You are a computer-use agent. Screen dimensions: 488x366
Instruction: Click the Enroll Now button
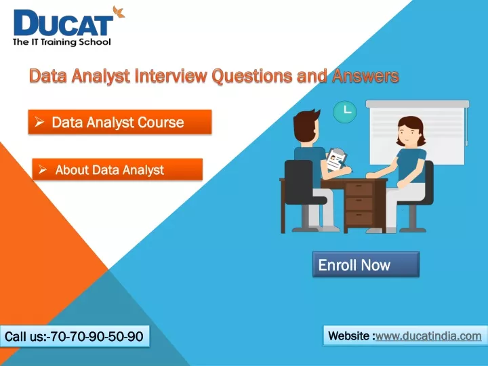point(366,264)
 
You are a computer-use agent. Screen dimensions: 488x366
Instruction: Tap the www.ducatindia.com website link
point(428,336)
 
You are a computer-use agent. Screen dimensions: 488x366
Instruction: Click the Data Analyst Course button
point(120,122)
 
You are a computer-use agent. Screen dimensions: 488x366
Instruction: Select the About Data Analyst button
point(117,169)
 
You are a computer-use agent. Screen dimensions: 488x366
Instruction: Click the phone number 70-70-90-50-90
point(96,336)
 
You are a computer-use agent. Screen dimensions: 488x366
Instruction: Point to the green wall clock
point(345,111)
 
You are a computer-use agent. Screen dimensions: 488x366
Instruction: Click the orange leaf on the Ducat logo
point(119,12)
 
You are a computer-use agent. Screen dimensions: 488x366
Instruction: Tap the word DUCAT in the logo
point(63,23)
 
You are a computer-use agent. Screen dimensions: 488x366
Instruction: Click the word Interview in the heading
point(171,76)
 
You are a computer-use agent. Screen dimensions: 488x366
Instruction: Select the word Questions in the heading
point(251,77)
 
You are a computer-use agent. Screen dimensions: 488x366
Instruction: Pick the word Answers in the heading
point(365,76)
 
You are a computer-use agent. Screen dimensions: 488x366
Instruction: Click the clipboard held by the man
point(336,160)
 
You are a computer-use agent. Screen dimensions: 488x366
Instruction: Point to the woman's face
point(407,134)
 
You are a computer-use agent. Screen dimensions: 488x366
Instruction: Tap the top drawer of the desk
point(359,189)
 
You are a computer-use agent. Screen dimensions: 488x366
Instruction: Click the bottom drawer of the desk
point(359,218)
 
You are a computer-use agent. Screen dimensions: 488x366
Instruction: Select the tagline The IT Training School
point(62,42)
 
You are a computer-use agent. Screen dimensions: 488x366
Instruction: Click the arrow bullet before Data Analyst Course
point(39,122)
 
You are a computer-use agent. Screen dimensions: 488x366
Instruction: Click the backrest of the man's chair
point(300,182)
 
